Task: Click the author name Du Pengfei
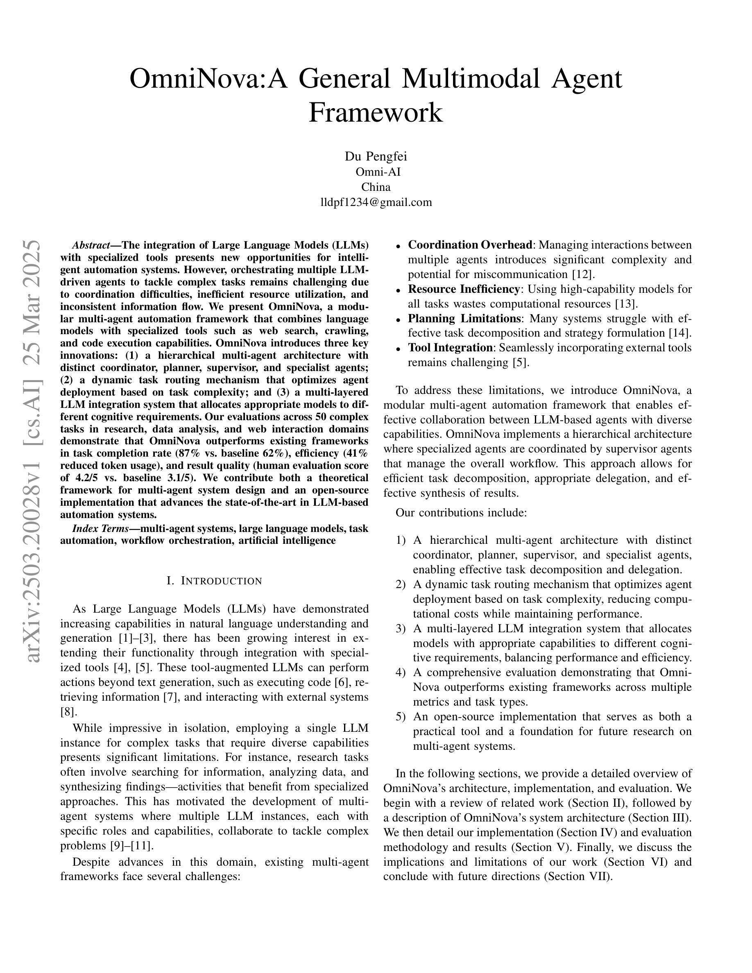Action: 376,156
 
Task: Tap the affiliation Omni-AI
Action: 376,172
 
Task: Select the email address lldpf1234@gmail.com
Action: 376,202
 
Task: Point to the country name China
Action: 376,187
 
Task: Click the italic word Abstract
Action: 91,245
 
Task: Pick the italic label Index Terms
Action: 100,528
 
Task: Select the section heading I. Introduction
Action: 214,581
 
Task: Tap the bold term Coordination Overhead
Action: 470,245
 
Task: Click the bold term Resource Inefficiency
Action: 463,289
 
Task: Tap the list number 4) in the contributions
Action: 400,672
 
